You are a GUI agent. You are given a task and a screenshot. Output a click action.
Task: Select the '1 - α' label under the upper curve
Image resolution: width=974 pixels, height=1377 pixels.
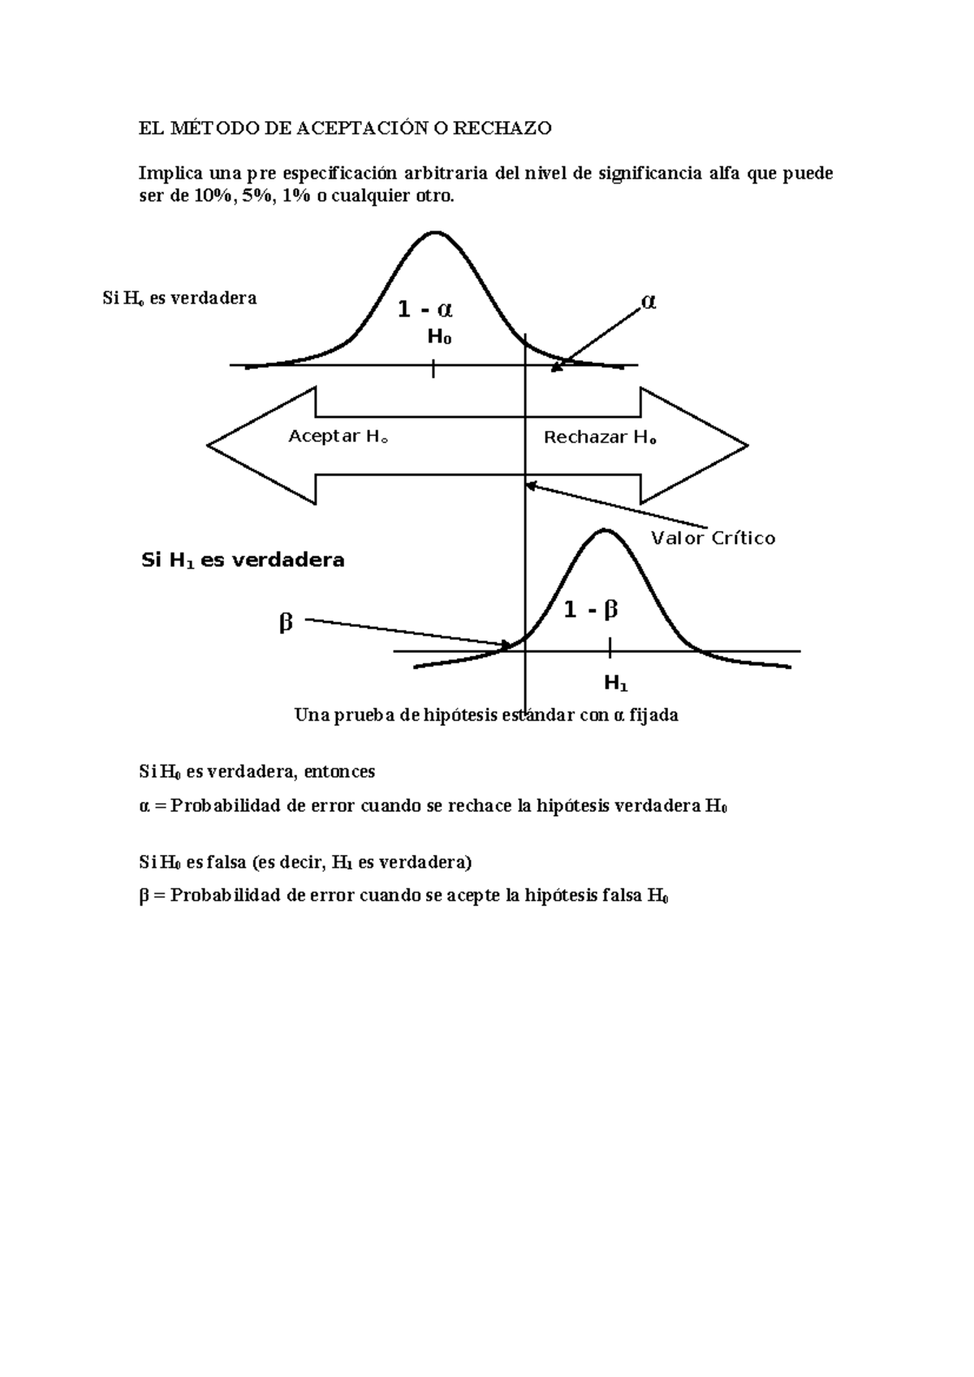(x=425, y=309)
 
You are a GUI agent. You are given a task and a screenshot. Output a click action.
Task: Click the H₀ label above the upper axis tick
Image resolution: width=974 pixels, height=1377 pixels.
(x=439, y=337)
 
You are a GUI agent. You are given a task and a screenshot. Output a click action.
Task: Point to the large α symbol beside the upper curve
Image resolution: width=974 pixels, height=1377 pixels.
(x=649, y=302)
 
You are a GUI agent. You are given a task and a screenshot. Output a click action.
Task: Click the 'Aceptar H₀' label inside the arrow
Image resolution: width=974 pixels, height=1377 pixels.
(x=338, y=437)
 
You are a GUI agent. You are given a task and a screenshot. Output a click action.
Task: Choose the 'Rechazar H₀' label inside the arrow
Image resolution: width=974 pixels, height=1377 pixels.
(x=600, y=438)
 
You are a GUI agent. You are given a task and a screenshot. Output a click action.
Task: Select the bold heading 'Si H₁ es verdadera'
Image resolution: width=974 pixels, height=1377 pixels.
(x=243, y=560)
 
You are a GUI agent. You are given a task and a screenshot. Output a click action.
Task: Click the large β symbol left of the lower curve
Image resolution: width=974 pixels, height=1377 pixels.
(x=285, y=624)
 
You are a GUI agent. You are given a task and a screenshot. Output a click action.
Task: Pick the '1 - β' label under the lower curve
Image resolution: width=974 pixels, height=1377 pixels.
(x=591, y=610)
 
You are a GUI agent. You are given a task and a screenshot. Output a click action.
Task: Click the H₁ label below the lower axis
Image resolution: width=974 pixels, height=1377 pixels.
(x=616, y=684)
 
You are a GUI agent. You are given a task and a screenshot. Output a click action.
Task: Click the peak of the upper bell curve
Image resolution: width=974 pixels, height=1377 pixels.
(x=435, y=233)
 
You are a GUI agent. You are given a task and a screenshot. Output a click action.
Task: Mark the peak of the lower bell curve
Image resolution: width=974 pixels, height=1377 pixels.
(x=604, y=531)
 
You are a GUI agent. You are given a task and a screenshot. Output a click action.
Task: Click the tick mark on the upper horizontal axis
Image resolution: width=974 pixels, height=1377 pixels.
(x=434, y=369)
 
